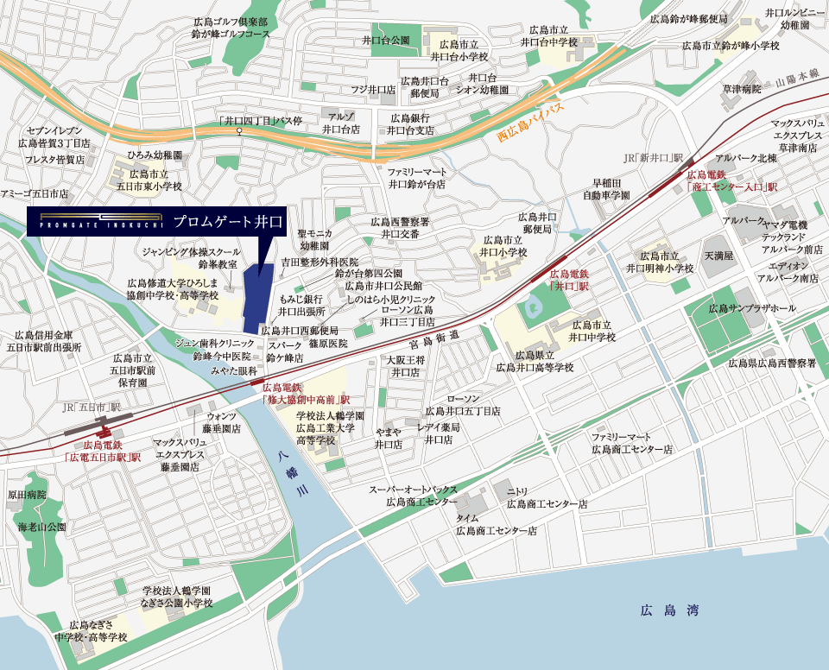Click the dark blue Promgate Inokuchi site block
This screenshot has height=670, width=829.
[x=257, y=299]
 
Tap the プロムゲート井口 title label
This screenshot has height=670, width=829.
[x=228, y=222]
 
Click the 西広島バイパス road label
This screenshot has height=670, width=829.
[x=530, y=123]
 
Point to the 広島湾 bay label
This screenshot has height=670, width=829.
[x=669, y=610]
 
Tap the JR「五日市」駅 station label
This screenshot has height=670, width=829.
[x=92, y=407]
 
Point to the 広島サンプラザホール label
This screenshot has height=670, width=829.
[x=752, y=308]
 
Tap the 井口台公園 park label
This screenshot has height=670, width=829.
[x=385, y=40]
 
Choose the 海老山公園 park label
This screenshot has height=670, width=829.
[x=41, y=526]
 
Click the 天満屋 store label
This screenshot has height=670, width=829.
[x=718, y=256]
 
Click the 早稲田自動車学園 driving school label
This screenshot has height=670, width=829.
[x=605, y=189]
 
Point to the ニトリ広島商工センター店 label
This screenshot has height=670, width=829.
[x=546, y=497]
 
